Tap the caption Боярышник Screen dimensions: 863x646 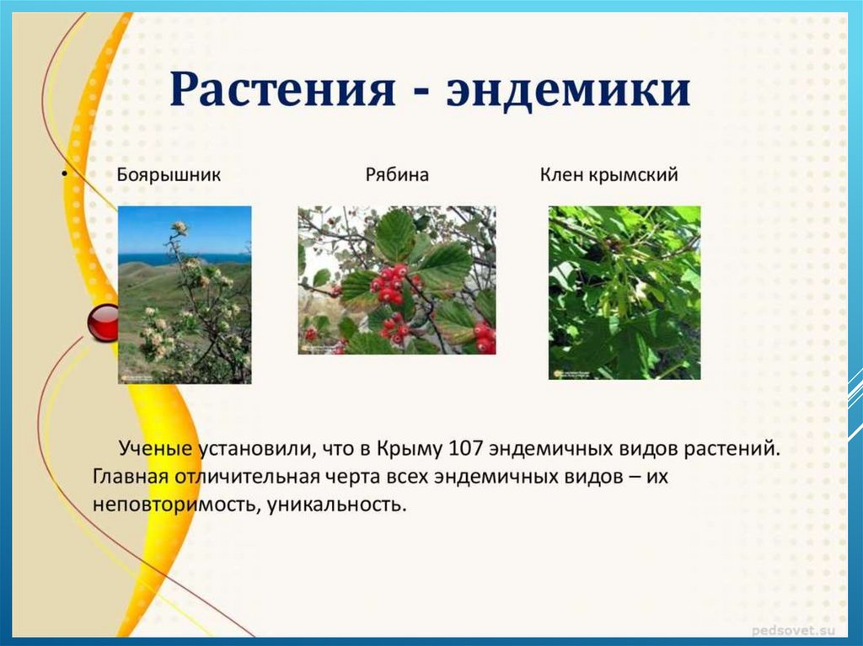point(169,175)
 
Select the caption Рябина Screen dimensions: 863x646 point(397,175)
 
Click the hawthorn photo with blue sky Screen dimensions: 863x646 point(185,295)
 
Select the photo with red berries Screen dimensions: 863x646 point(397,280)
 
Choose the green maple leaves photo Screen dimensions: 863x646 point(624,293)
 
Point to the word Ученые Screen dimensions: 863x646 point(155,448)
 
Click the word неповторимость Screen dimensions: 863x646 point(177,505)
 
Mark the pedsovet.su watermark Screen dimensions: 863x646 point(793,630)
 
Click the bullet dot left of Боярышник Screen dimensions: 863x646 point(64,174)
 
